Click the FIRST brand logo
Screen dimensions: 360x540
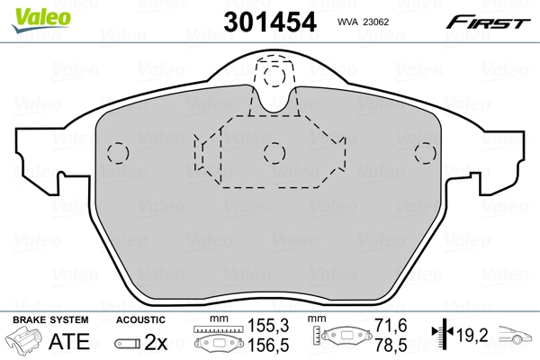pyautogui.click(x=491, y=21)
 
